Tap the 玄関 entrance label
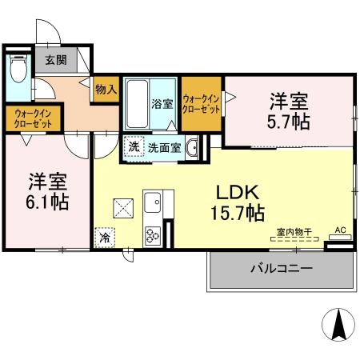[x=56, y=60]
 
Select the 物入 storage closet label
[x=106, y=90]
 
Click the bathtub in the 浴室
[x=138, y=104]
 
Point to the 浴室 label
[x=162, y=104]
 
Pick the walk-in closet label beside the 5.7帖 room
[x=202, y=105]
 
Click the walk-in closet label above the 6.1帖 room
[x=33, y=119]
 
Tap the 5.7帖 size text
[x=289, y=122]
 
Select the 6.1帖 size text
[x=47, y=202]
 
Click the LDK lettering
[x=238, y=193]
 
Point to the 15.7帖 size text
[x=238, y=214]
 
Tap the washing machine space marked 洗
[x=134, y=146]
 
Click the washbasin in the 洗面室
[x=192, y=147]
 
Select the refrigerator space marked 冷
[x=105, y=238]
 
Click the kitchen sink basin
[x=153, y=202]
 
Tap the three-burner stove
[x=153, y=235]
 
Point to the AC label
[x=340, y=230]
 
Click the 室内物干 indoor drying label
[x=294, y=232]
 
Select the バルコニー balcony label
[x=282, y=268]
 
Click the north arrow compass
[x=338, y=325]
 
